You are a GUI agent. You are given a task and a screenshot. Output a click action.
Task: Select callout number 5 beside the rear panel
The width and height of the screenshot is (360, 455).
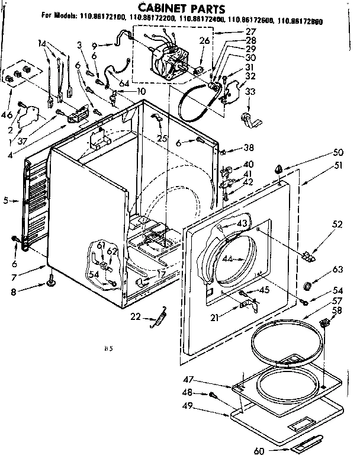pos(7,201)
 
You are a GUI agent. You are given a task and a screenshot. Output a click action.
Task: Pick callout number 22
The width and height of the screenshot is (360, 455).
pos(135,317)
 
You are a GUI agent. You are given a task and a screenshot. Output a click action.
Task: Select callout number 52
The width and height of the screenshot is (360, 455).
pos(320,224)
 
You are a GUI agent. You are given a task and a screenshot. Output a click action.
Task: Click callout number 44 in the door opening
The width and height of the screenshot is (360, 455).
pos(227,258)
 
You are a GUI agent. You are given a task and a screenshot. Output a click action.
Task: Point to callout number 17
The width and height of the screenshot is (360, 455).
pos(160,274)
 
